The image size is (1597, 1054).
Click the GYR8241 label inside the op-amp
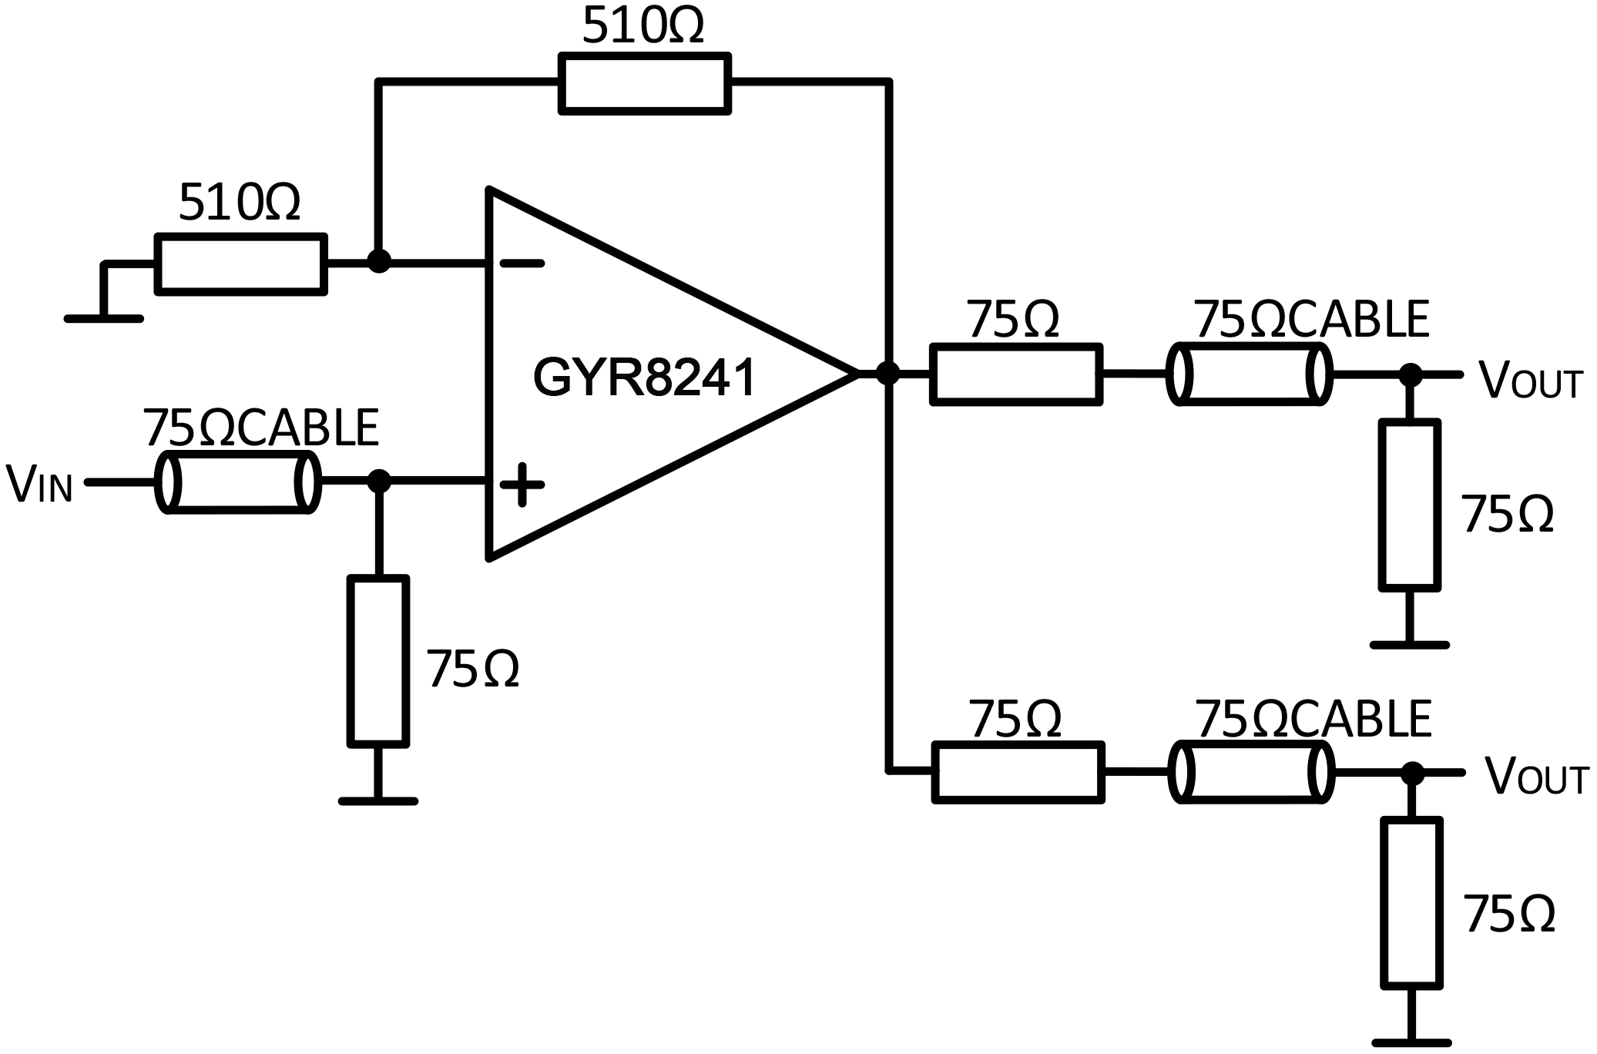point(644,378)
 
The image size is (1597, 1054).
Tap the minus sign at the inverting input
point(522,263)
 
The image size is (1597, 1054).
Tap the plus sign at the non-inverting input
point(522,485)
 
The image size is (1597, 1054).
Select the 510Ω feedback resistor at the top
point(644,83)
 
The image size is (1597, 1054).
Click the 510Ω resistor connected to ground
point(240,264)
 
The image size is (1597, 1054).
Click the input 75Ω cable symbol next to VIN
point(237,483)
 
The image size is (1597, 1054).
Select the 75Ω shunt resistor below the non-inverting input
point(377,661)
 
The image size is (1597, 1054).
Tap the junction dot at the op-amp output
point(887,374)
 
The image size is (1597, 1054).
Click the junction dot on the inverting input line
point(377,261)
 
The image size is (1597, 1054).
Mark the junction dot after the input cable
point(378,482)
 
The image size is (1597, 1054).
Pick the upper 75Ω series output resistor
point(1015,374)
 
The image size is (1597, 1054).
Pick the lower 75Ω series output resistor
point(1017,772)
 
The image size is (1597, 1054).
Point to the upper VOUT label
point(1528,380)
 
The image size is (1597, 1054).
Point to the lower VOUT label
point(1535,777)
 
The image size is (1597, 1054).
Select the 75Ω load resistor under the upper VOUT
point(1409,505)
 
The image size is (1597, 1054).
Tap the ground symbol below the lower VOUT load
point(1411,1042)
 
